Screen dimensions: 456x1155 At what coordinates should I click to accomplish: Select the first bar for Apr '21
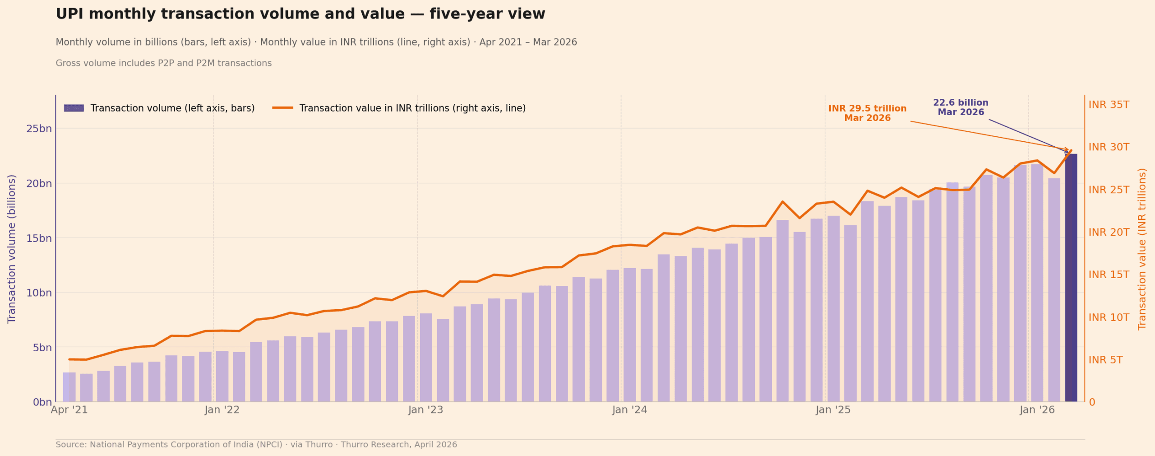click(x=69, y=387)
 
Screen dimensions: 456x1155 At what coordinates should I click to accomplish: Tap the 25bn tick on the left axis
click(x=39, y=129)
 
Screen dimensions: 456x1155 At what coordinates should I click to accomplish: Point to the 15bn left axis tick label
click(x=39, y=238)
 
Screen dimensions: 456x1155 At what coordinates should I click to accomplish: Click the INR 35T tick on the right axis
click(x=1109, y=105)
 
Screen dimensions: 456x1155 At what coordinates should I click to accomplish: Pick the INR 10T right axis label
click(x=1109, y=317)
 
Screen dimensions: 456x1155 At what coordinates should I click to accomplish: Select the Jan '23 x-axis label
click(x=425, y=410)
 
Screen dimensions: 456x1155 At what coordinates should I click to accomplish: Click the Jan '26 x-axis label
click(x=1037, y=410)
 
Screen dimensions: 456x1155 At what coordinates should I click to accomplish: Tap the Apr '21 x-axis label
click(x=69, y=410)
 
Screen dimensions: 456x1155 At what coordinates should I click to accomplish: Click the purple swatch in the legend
click(x=74, y=108)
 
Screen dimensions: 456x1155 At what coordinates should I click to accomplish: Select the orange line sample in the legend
click(x=282, y=108)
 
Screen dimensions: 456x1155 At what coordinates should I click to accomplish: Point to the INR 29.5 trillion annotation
click(x=867, y=113)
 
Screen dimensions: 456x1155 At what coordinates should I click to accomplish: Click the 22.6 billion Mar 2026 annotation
click(x=961, y=107)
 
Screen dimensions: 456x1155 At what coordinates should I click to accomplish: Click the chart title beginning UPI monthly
click(x=300, y=14)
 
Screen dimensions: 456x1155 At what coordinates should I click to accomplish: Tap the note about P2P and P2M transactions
click(x=163, y=63)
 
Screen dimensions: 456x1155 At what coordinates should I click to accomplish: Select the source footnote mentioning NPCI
click(x=256, y=445)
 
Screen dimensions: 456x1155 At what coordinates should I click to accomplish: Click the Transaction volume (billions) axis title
click(x=12, y=249)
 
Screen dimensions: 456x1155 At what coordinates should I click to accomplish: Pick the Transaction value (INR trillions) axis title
click(x=1142, y=249)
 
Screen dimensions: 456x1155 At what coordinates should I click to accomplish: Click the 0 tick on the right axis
click(x=1092, y=402)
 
